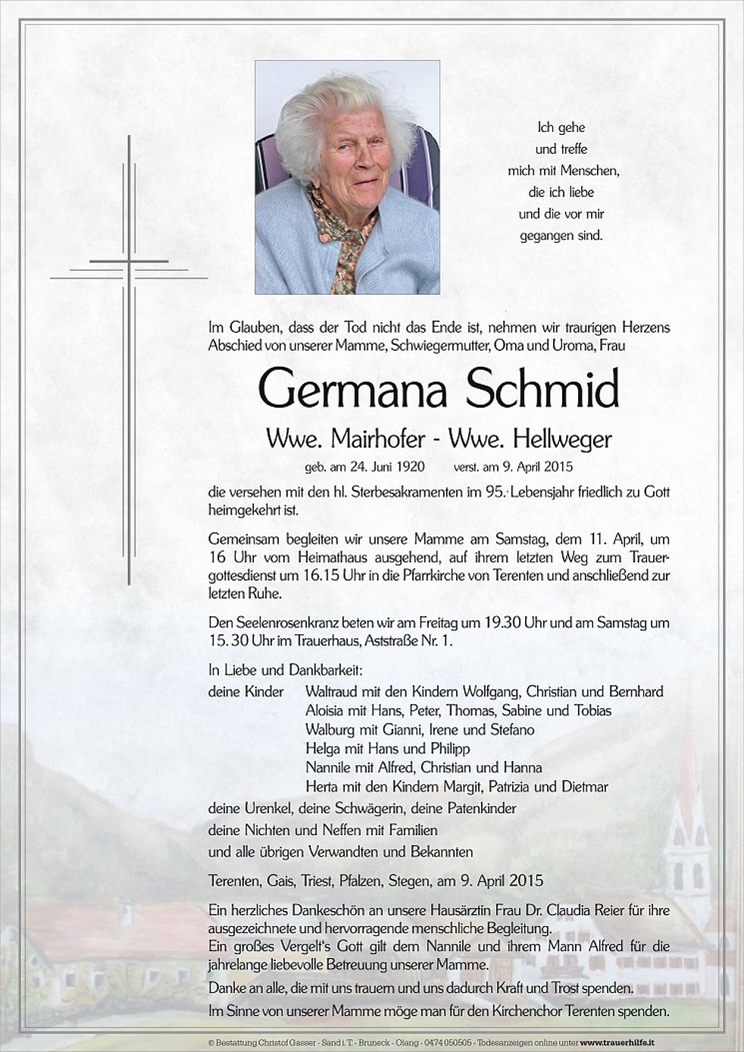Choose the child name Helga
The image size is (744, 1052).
[322, 748]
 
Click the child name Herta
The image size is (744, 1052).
[322, 786]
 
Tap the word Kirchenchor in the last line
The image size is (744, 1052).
[551, 1011]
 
